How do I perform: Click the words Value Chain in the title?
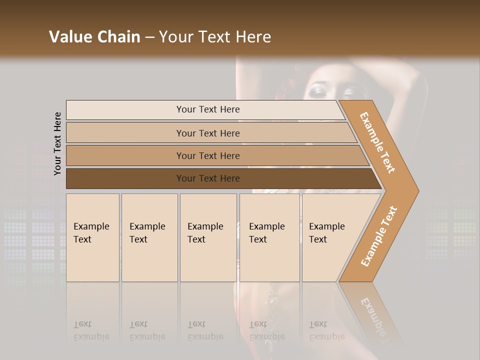[94, 37]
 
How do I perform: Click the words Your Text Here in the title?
[215, 37]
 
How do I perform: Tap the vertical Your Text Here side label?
[57, 143]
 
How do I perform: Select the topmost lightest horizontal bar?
[207, 109]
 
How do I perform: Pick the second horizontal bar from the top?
[207, 133]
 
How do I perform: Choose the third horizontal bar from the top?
[207, 155]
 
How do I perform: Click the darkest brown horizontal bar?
[207, 178]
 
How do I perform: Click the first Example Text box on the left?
[92, 237]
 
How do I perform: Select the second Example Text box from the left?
[149, 237]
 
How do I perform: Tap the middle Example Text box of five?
[208, 237]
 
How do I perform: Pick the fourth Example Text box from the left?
[269, 237]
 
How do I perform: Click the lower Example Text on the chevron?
[379, 236]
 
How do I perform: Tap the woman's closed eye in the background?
[318, 91]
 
